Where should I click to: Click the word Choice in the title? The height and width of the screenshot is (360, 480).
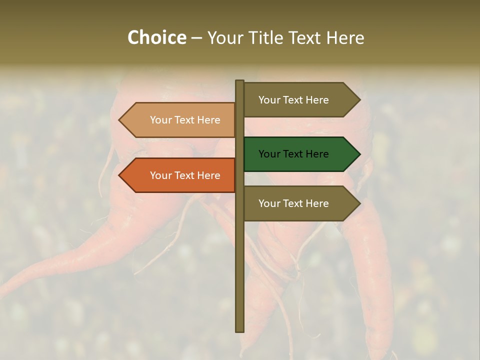(x=156, y=37)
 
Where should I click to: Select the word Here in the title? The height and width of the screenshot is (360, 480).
(x=345, y=37)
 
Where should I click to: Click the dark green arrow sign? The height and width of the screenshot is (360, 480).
(x=295, y=154)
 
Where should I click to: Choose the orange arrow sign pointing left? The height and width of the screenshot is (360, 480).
(x=180, y=175)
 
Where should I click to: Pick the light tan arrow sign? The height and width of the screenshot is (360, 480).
(x=180, y=120)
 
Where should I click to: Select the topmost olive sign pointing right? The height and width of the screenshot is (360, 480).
(x=295, y=99)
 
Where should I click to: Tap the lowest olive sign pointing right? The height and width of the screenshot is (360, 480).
(x=295, y=203)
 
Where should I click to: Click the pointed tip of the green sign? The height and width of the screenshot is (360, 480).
(x=358, y=154)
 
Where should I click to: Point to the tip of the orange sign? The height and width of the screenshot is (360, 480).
(x=120, y=175)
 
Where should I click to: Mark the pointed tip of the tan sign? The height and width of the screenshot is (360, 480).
(x=120, y=120)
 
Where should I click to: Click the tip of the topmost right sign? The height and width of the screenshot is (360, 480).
(x=358, y=99)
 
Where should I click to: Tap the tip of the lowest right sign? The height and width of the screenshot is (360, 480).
(x=358, y=203)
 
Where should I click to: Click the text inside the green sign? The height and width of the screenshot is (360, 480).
(x=293, y=154)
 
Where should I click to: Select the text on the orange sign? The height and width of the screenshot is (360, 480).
(x=185, y=175)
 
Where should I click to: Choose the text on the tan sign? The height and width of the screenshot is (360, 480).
(x=185, y=120)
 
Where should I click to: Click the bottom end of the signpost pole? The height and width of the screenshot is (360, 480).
(x=239, y=329)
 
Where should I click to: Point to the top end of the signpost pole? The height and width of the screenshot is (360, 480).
(x=239, y=82)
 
